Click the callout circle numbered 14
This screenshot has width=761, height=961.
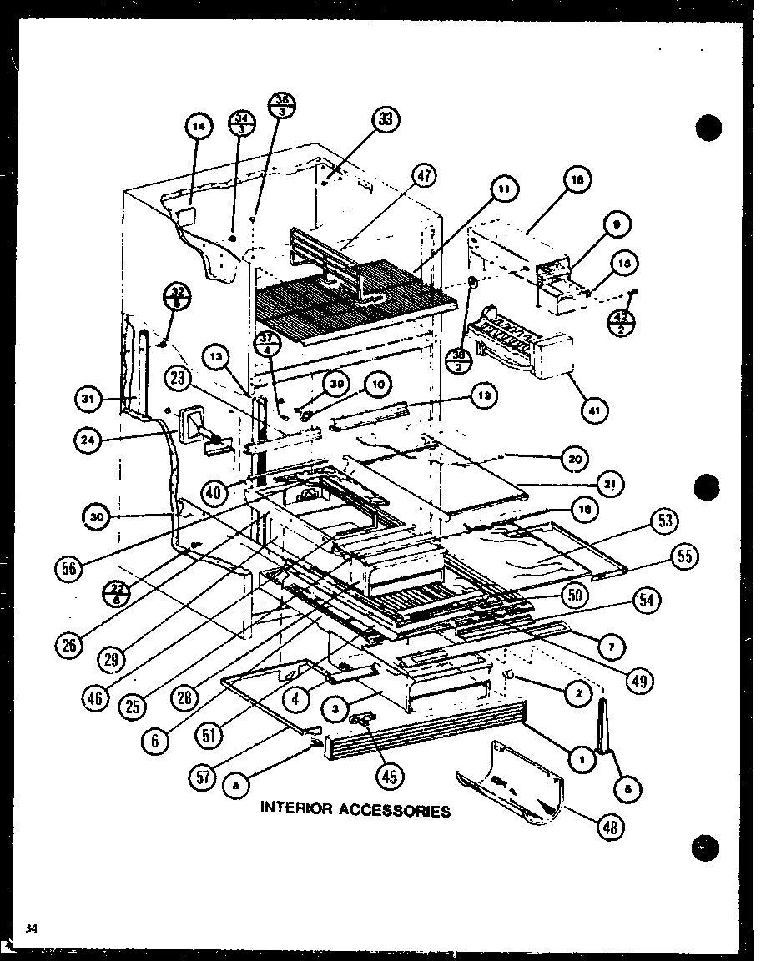tap(198, 128)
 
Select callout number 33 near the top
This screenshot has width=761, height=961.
tap(385, 120)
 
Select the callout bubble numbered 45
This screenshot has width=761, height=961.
tap(388, 776)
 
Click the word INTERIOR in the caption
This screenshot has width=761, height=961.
tap(295, 808)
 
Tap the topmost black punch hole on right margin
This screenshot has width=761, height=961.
tap(708, 128)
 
